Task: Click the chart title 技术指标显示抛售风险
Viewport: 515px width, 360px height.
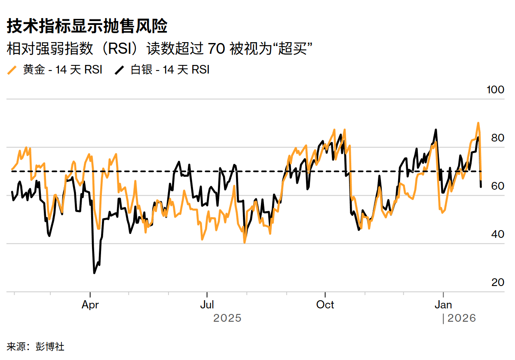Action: pos(87,27)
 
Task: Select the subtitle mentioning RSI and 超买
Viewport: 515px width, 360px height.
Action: pos(159,48)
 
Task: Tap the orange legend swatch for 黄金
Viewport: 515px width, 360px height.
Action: pos(13,70)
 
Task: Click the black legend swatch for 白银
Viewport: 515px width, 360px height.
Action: pos(120,70)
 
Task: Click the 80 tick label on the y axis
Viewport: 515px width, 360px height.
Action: pos(497,138)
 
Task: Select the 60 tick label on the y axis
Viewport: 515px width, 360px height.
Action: pos(497,186)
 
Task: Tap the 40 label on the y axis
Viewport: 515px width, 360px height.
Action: pos(497,234)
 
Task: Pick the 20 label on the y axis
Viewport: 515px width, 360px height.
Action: pos(497,283)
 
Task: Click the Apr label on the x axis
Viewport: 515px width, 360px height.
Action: pos(90,305)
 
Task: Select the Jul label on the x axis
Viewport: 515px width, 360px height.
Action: pos(207,305)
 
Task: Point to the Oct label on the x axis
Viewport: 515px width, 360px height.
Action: pos(325,305)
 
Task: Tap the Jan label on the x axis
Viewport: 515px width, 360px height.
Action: pos(443,305)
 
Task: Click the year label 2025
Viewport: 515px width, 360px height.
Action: pos(227,318)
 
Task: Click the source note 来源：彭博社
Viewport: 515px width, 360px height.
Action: pos(36,346)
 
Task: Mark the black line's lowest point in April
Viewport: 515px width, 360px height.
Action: pos(94,273)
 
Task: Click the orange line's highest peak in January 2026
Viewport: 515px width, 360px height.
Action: pos(478,123)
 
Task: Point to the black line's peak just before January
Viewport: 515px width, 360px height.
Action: pos(436,129)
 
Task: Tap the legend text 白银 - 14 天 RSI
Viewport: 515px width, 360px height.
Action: pos(170,70)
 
